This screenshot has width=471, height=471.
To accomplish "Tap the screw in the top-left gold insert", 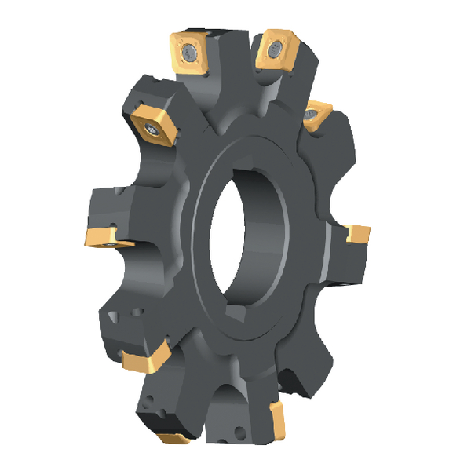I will click(192, 53).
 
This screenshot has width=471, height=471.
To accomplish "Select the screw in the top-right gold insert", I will click(274, 50).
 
